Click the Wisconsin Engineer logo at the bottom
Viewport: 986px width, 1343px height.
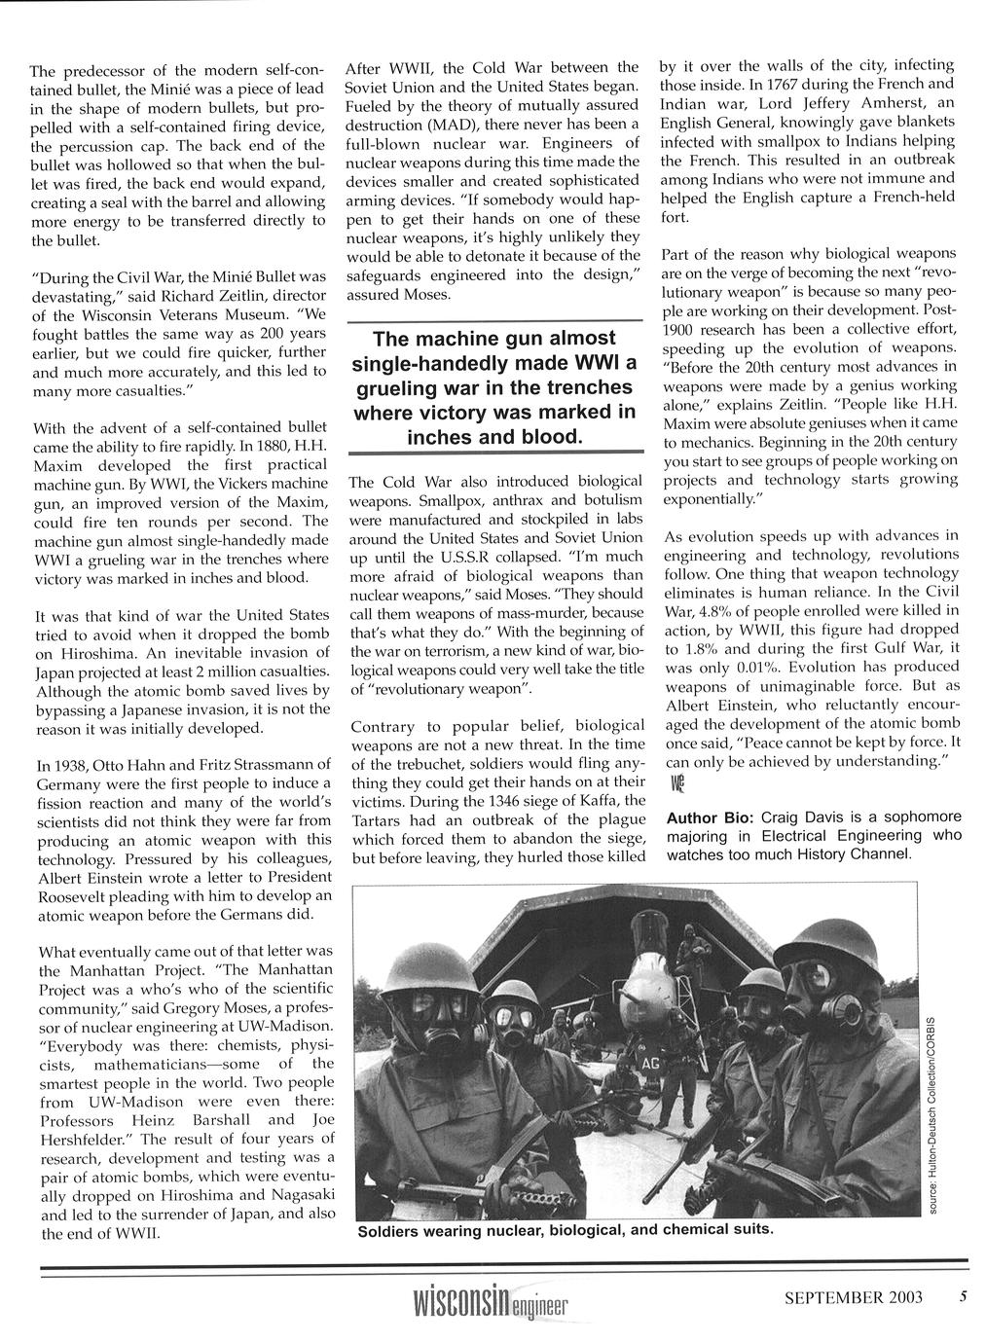click(x=491, y=1303)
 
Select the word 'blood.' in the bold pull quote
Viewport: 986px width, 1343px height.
click(x=549, y=437)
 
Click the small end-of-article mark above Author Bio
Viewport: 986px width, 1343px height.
click(x=676, y=783)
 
